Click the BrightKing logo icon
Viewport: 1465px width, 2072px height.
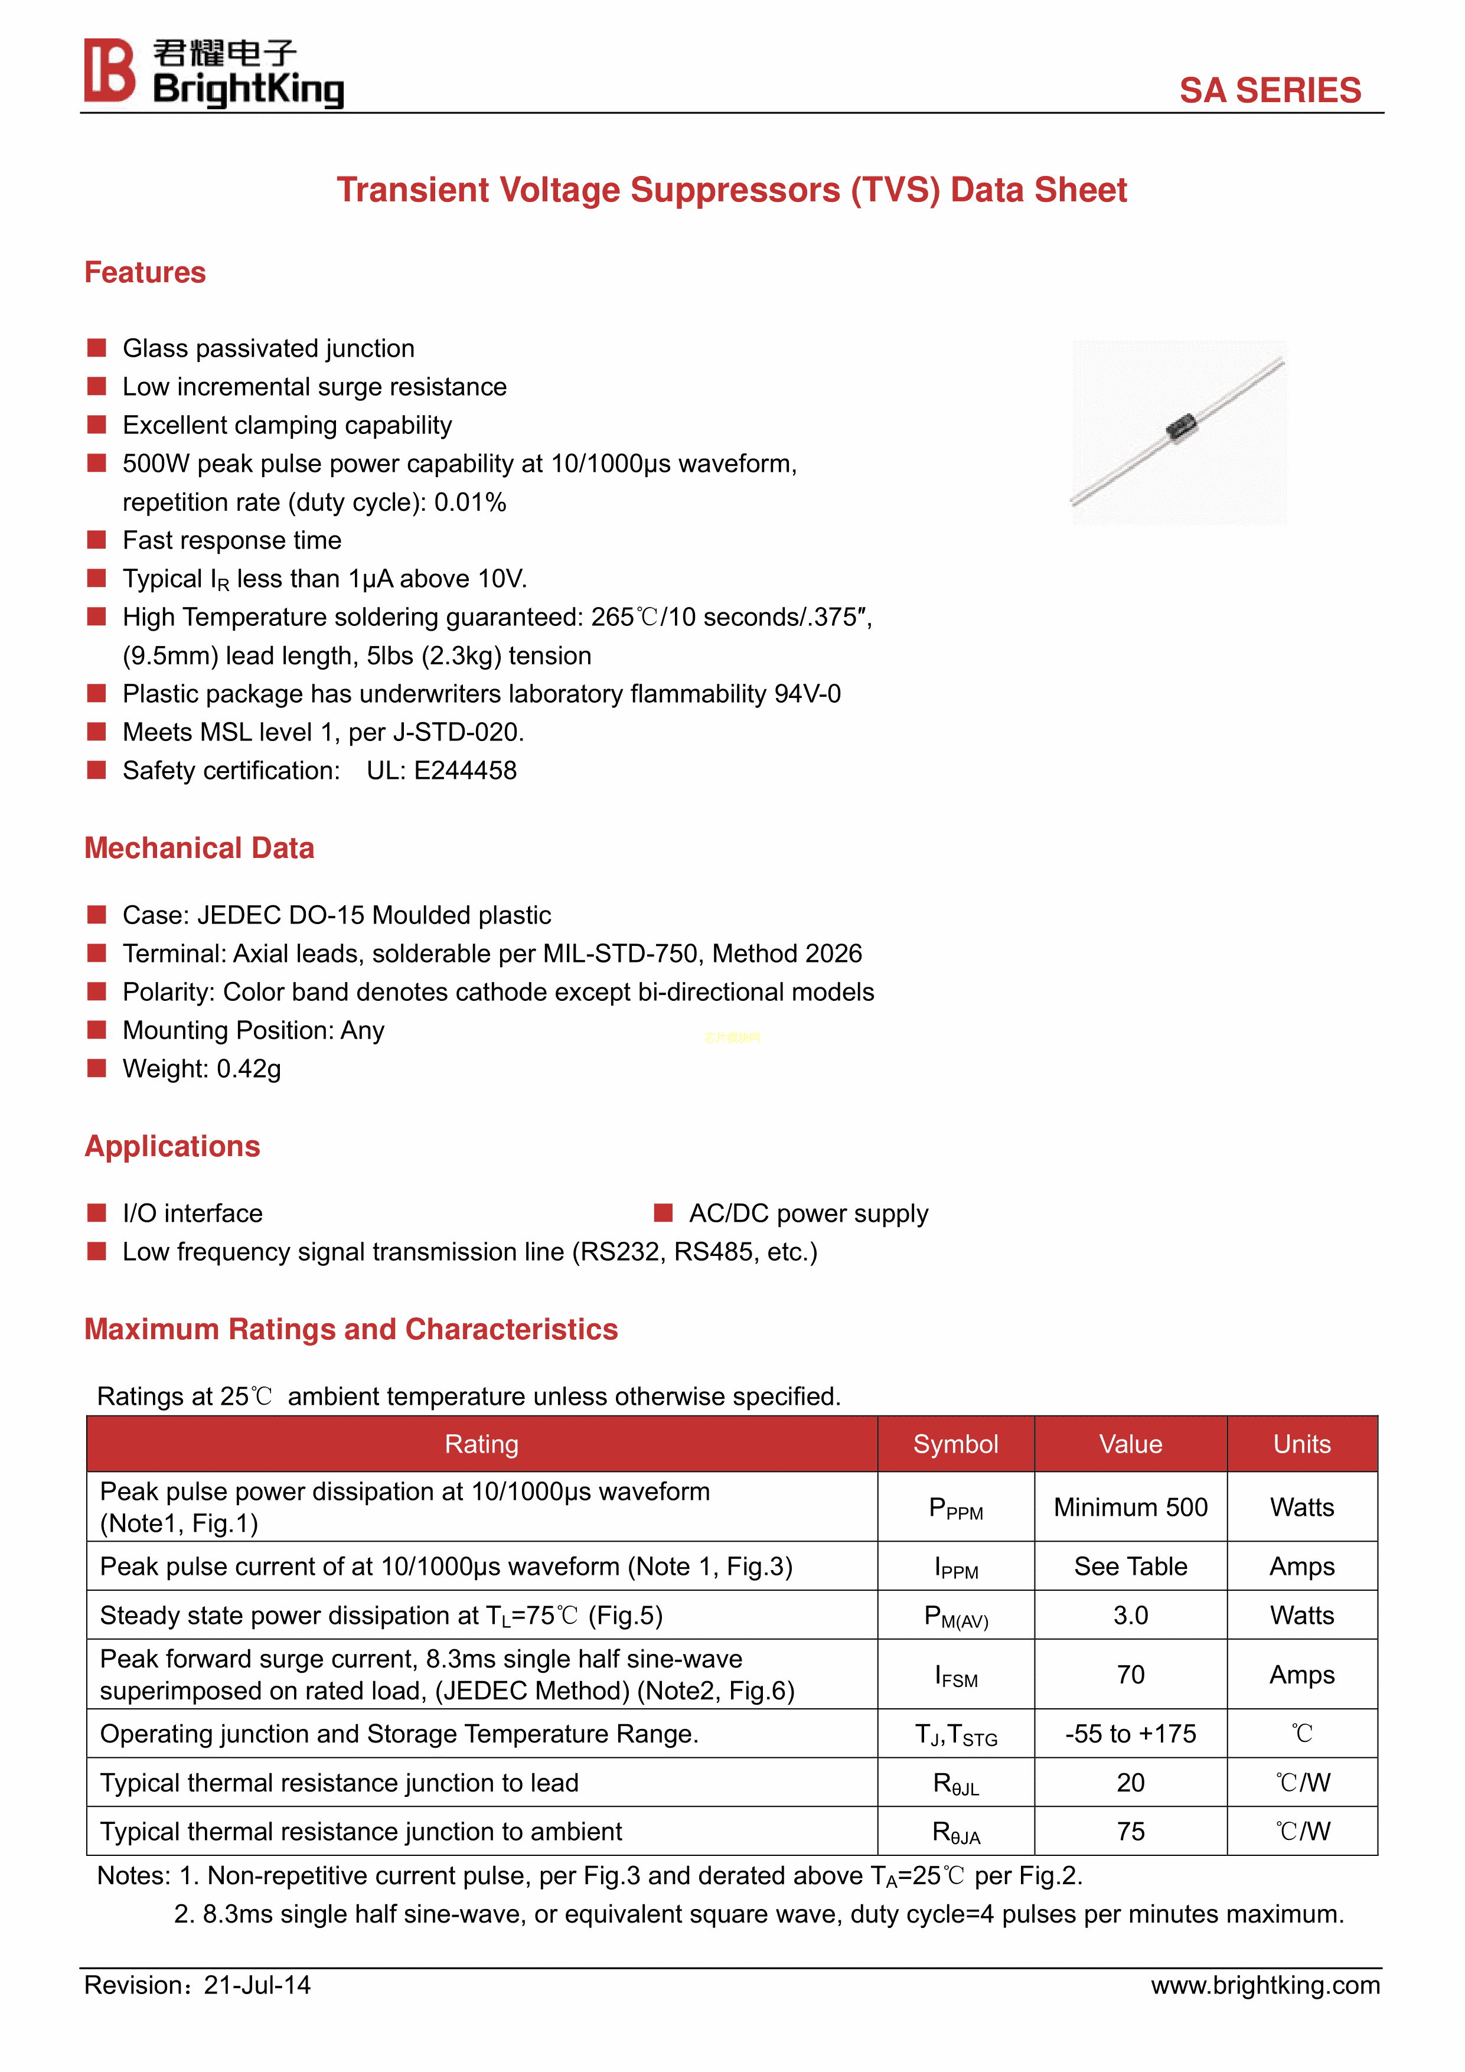(109, 70)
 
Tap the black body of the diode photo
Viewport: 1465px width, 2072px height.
(1180, 427)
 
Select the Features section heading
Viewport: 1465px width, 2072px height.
(145, 273)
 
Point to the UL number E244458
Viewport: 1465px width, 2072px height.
(465, 771)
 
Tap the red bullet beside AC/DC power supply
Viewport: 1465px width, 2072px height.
(664, 1213)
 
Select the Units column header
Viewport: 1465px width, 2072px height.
(1301, 1444)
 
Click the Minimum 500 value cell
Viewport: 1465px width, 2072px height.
(1130, 1507)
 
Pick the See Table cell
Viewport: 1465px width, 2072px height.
(1130, 1567)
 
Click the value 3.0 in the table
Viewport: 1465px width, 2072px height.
(1130, 1616)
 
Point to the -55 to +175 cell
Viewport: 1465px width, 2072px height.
(1130, 1734)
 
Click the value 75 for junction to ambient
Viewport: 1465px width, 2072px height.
(1130, 1832)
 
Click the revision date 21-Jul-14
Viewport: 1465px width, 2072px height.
(257, 1985)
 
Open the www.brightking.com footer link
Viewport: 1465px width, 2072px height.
(1265, 1985)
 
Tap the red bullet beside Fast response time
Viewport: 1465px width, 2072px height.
(97, 540)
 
